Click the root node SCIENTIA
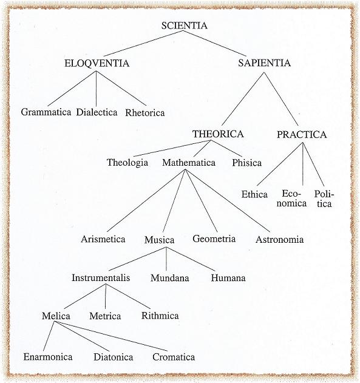(x=184, y=25)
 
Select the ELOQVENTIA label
(x=97, y=63)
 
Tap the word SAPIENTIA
(x=265, y=63)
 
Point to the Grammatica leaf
(x=46, y=112)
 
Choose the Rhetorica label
(x=145, y=113)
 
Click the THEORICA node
(x=218, y=134)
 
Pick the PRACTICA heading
(x=302, y=135)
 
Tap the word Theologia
(x=127, y=163)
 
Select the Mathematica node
(x=189, y=163)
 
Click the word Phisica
(x=246, y=163)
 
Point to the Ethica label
(x=254, y=195)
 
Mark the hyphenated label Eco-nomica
(x=291, y=198)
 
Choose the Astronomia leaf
(x=280, y=240)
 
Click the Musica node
(x=159, y=240)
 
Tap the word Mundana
(x=170, y=278)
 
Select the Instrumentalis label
(x=101, y=278)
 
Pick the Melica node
(x=56, y=316)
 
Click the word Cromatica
(x=174, y=357)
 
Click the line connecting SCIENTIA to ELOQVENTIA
(x=143, y=44)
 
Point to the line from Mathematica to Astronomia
(x=228, y=200)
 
